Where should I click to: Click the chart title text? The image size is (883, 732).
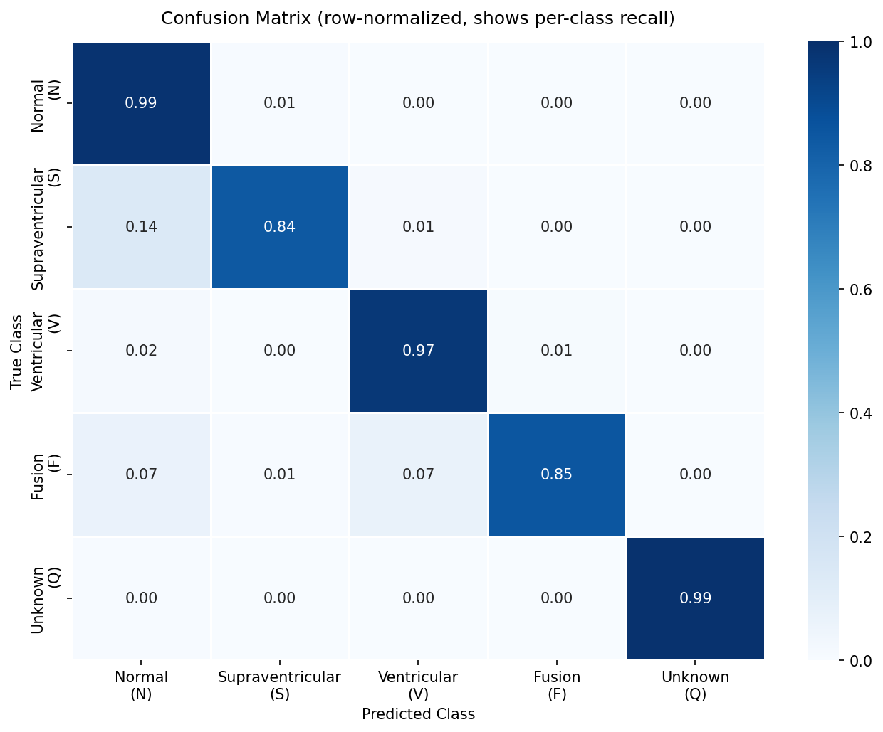click(x=418, y=18)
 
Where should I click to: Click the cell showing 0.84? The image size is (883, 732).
click(x=280, y=227)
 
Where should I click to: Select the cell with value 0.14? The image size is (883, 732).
click(x=141, y=227)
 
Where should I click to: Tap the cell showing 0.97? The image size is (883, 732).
click(x=418, y=351)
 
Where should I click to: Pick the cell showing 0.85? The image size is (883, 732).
click(x=557, y=474)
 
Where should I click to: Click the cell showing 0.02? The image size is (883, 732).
click(x=141, y=351)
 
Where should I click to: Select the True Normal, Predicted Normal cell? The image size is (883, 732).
click(x=141, y=103)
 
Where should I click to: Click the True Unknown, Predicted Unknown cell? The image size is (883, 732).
click(x=695, y=598)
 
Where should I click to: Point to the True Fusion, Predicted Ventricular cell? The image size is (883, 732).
click(x=418, y=474)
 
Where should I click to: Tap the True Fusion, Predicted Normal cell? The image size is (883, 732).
click(x=141, y=474)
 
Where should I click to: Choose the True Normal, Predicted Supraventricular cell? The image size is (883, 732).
click(x=280, y=103)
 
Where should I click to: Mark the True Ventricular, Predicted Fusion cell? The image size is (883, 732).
click(x=557, y=351)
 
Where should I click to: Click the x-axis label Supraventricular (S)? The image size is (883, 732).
click(x=280, y=686)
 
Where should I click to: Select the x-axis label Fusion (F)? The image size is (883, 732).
click(x=557, y=686)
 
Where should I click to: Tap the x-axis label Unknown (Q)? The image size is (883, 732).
click(x=695, y=686)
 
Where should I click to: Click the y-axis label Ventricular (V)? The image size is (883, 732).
click(x=46, y=351)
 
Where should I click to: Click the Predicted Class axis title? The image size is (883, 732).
click(x=418, y=714)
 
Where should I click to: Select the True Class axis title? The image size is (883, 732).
click(x=17, y=351)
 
